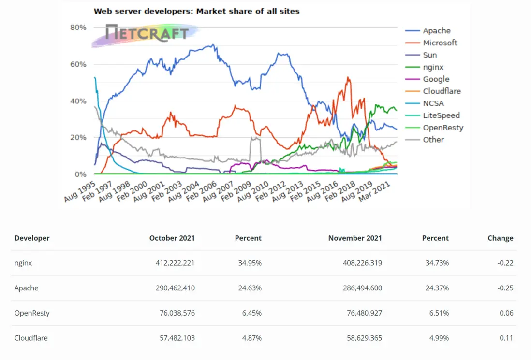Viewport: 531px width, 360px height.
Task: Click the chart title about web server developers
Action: (196, 11)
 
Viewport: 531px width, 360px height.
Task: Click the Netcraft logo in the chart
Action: (147, 33)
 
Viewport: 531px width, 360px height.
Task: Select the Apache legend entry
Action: (436, 30)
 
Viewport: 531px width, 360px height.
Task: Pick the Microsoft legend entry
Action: (440, 43)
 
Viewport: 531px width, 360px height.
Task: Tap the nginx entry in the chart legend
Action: (433, 67)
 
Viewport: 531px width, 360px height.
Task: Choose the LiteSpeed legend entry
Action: (441, 115)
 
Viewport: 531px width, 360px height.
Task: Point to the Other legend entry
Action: (433, 140)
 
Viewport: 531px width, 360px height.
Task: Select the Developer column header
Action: (32, 238)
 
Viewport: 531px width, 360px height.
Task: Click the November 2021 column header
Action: (354, 238)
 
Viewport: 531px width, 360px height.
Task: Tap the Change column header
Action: (500, 238)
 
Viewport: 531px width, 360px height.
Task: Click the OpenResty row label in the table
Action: (32, 313)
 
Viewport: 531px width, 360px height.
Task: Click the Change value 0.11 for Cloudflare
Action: (506, 338)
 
